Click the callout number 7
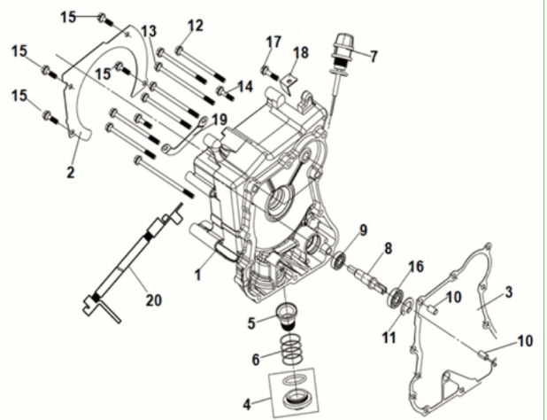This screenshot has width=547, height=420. (x=373, y=57)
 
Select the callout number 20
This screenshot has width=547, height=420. (x=154, y=299)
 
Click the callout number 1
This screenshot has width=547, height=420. (x=198, y=276)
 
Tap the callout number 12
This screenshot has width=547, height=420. (x=196, y=25)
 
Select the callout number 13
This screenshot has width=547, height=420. (x=147, y=32)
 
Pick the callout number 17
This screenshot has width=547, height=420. (x=273, y=42)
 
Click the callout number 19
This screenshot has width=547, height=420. (x=219, y=119)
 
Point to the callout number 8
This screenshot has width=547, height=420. (x=387, y=250)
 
